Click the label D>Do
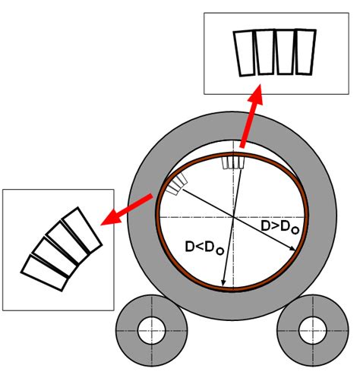(x=280, y=227)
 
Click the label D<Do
(x=204, y=247)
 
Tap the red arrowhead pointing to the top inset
(x=256, y=94)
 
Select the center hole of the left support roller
(x=151, y=330)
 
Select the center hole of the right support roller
(x=313, y=330)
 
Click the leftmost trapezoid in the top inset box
(x=245, y=53)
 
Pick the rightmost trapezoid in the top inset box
(x=306, y=52)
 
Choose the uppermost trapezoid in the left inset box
(x=82, y=230)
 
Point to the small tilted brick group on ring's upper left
(x=177, y=184)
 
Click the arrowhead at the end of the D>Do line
(x=292, y=248)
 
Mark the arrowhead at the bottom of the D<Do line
(x=223, y=283)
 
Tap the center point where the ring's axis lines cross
(x=233, y=217)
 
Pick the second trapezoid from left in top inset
(x=265, y=52)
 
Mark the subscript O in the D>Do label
(x=295, y=230)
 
